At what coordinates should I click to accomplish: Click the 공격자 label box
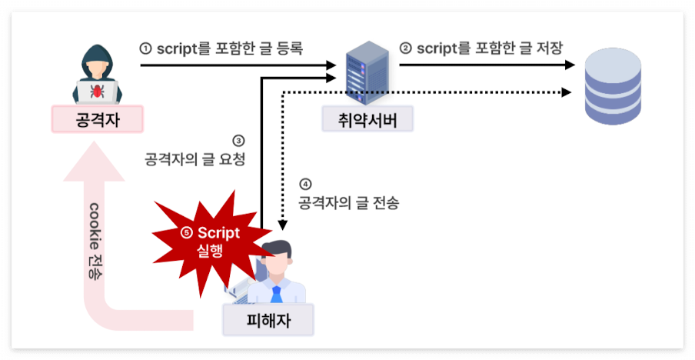(98, 119)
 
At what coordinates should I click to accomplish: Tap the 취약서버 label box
(367, 120)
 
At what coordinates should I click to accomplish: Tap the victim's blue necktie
(275, 294)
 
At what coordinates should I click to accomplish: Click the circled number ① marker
(145, 48)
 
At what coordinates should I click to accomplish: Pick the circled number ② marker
(405, 48)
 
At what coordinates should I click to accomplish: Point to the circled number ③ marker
(238, 141)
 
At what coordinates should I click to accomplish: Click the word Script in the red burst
(218, 233)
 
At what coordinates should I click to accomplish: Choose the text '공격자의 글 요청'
(199, 159)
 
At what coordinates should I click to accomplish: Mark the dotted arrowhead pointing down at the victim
(283, 224)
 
